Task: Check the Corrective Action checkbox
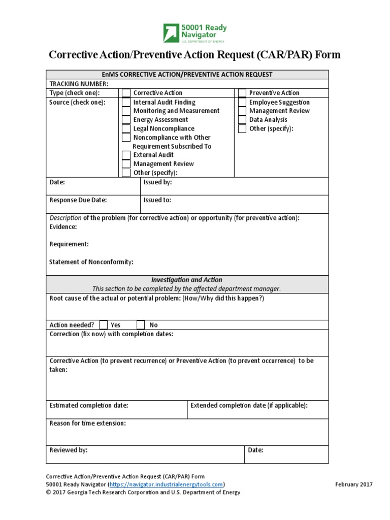(x=126, y=93)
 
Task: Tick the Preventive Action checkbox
(x=242, y=93)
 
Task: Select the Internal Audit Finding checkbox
(x=126, y=102)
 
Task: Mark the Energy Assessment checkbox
(x=126, y=120)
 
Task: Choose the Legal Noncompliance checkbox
(x=126, y=128)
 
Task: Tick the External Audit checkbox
(x=126, y=155)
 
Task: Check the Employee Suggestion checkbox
(x=242, y=102)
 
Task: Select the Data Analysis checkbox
(x=242, y=120)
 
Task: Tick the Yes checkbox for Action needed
(x=104, y=325)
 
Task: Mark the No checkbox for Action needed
(x=141, y=325)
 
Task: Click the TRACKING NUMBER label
(x=79, y=84)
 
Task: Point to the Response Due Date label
(x=78, y=200)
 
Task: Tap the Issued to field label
(x=157, y=200)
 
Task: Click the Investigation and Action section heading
(x=187, y=280)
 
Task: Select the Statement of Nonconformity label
(x=91, y=262)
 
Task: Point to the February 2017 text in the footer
(x=354, y=484)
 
